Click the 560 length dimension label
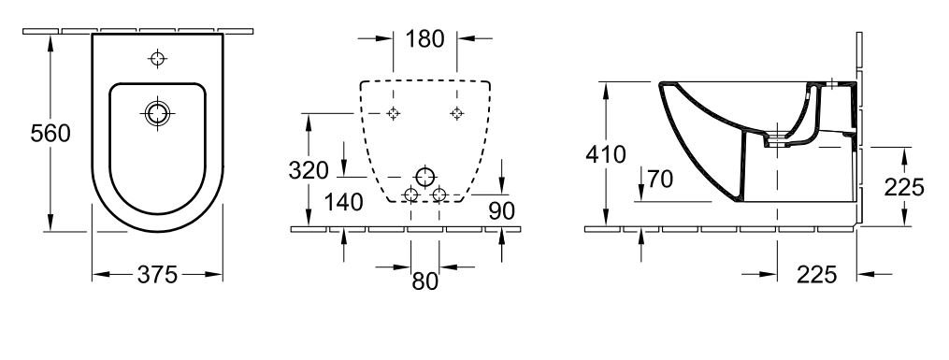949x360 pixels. [50, 133]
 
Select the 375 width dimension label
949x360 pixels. [157, 275]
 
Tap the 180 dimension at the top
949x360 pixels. [424, 38]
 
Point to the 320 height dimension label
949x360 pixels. [309, 170]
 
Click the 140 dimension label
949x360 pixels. [344, 202]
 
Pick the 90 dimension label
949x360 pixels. [502, 211]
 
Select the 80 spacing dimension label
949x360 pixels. [424, 281]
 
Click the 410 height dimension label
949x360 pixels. [606, 155]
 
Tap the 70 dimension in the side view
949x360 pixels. [660, 180]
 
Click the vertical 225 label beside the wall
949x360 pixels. [904, 188]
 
